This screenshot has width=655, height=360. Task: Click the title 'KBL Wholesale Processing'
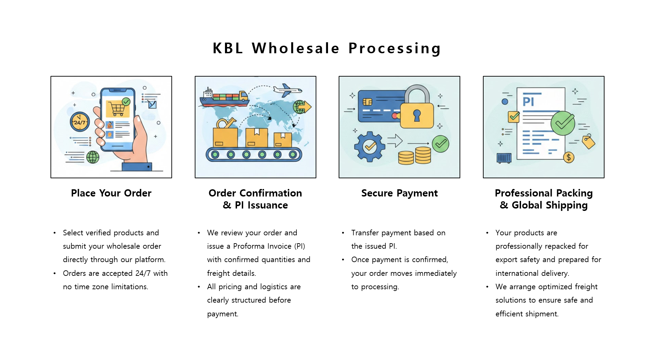pyautogui.click(x=327, y=48)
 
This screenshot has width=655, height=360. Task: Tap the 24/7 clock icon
pyautogui.click(x=80, y=122)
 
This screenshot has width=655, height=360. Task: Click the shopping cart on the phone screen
pyautogui.click(x=117, y=109)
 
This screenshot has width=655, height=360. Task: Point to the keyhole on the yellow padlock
pyautogui.click(x=417, y=115)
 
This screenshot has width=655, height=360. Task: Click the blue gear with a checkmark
pyautogui.click(x=370, y=147)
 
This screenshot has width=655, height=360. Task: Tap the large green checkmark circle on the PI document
pyautogui.click(x=563, y=123)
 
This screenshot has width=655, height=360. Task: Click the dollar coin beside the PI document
pyautogui.click(x=568, y=158)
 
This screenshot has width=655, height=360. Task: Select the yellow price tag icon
pyautogui.click(x=588, y=142)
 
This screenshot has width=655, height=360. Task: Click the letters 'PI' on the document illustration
pyautogui.click(x=528, y=102)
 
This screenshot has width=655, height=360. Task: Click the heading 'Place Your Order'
pyautogui.click(x=111, y=193)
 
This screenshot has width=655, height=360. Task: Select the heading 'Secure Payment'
pyautogui.click(x=399, y=193)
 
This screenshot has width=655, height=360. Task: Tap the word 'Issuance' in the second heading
pyautogui.click(x=268, y=205)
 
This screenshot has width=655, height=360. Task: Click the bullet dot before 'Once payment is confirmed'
pyautogui.click(x=343, y=260)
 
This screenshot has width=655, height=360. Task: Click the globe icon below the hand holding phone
pyautogui.click(x=93, y=157)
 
